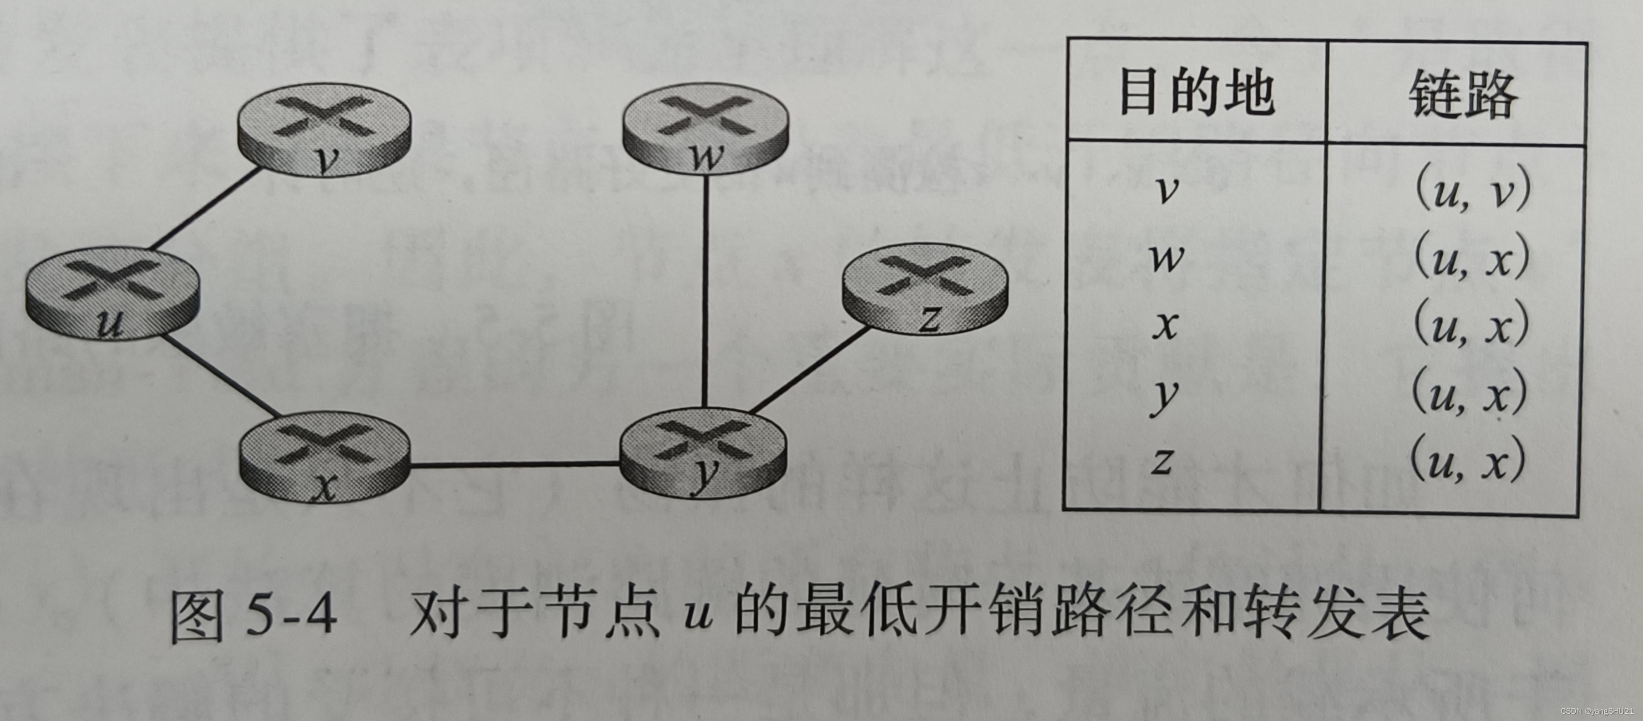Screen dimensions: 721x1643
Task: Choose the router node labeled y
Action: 703,453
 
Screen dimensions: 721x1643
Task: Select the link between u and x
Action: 220,376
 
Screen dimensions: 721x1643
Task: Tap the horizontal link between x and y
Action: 514,465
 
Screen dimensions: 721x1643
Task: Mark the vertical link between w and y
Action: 705,290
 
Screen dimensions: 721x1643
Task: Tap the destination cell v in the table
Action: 1167,189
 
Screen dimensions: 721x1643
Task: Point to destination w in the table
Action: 1167,258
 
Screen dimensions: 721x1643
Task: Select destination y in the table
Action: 1165,395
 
